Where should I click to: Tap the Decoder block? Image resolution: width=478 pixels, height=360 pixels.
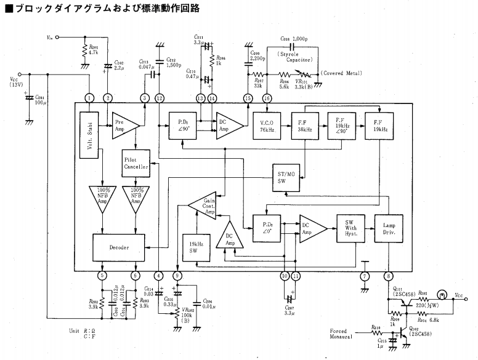coord(119,247)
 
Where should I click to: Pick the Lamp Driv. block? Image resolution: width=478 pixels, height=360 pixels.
coord(389,228)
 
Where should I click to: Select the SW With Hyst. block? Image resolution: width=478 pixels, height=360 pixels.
coord(350,228)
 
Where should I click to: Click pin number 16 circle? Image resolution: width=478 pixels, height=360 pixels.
coord(267,98)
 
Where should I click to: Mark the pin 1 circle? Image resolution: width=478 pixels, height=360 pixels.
coord(90,98)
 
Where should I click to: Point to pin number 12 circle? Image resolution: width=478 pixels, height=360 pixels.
coord(160,98)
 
